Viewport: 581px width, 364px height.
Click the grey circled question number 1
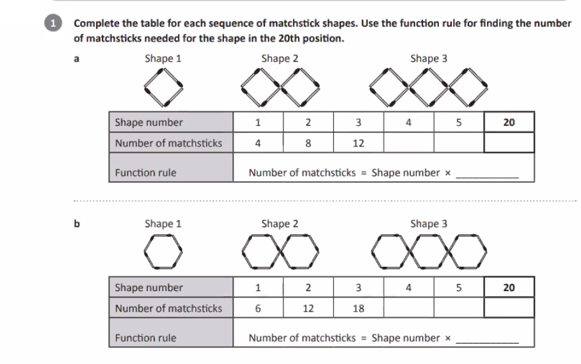[x=53, y=23]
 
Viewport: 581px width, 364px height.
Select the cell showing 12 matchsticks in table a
[x=358, y=143]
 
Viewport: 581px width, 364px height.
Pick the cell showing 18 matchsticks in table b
[x=358, y=308]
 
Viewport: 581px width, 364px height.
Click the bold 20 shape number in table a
[x=509, y=122]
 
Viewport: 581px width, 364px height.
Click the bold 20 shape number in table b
[x=509, y=287]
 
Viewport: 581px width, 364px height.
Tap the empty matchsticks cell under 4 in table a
[x=409, y=143]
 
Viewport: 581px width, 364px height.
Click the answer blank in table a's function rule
[x=487, y=178]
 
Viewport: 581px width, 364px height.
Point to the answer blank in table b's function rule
[x=487, y=343]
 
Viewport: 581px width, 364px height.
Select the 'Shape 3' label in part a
[x=429, y=58]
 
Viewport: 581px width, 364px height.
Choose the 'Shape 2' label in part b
[x=280, y=224]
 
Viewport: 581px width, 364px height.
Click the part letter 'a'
[x=76, y=59]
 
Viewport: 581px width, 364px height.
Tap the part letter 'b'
[x=77, y=223]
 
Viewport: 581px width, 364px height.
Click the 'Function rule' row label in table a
[x=146, y=173]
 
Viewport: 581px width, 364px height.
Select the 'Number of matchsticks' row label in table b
[x=168, y=308]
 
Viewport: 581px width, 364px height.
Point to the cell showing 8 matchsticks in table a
[x=308, y=143]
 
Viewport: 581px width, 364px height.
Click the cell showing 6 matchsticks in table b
[x=258, y=308]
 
